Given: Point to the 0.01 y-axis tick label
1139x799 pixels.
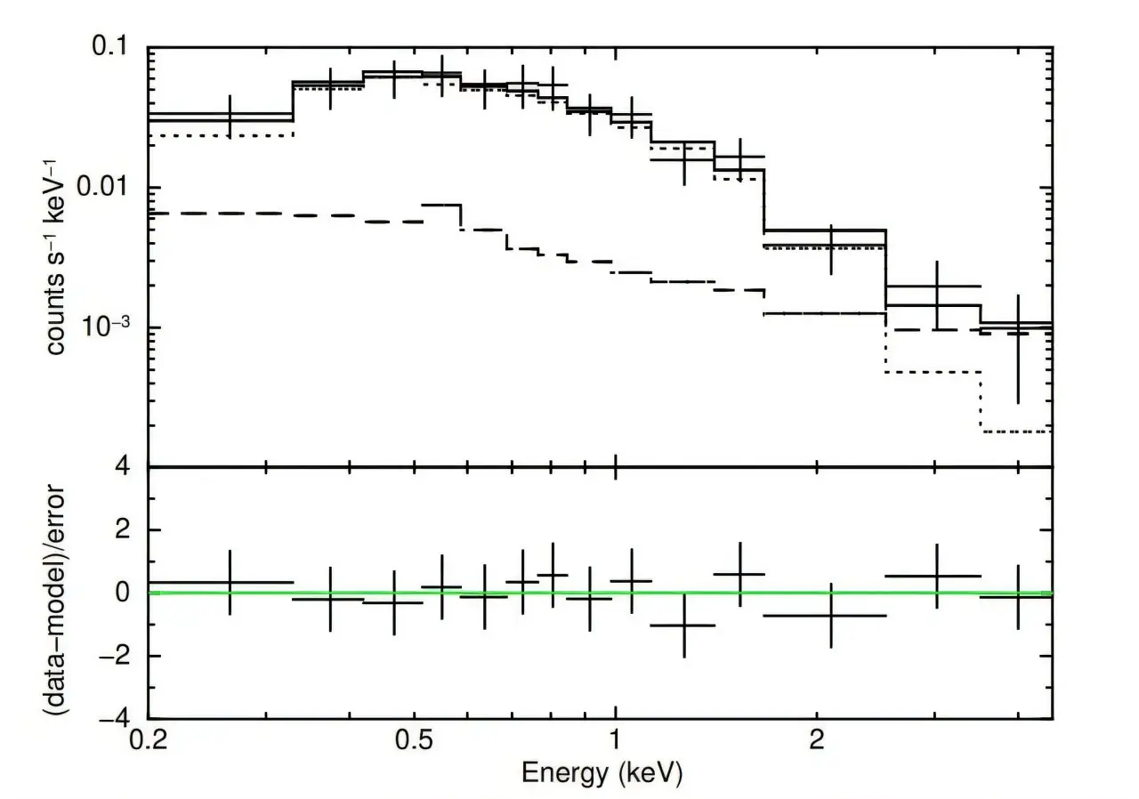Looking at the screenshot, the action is [x=101, y=187].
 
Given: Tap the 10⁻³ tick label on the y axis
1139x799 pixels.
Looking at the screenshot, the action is [x=105, y=326].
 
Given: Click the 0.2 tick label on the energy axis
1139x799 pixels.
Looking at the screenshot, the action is [x=148, y=739].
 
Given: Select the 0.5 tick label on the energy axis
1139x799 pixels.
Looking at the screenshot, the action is [x=415, y=739].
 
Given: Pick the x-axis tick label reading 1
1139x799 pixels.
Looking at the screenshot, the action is [x=615, y=739].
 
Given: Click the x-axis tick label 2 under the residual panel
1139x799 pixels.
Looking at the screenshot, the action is [x=817, y=739].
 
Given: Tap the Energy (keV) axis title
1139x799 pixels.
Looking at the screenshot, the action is [x=602, y=774].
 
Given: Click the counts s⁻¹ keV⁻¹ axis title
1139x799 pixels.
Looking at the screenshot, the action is [x=55, y=257].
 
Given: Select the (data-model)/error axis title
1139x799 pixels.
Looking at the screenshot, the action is [x=55, y=600].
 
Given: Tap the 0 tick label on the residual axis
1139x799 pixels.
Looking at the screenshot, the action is [x=122, y=593].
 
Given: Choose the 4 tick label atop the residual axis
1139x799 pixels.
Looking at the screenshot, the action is [x=122, y=466].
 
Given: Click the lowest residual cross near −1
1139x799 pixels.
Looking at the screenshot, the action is [x=684, y=625].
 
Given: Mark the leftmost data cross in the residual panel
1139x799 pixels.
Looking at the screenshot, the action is [x=230, y=582].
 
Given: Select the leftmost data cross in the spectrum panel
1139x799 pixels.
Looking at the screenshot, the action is [x=230, y=116].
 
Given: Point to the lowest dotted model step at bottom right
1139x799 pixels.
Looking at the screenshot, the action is [x=1017, y=432].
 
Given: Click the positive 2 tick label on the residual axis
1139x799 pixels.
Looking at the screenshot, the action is [x=122, y=529].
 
